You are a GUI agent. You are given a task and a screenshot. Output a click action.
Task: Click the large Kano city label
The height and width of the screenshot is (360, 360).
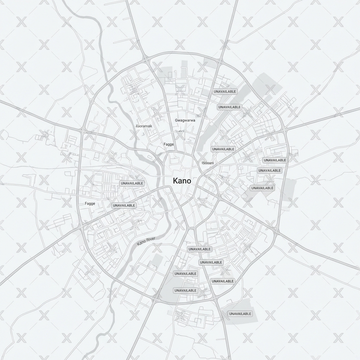pos(182,181)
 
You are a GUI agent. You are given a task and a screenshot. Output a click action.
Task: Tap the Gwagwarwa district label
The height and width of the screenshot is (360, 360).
pos(185,120)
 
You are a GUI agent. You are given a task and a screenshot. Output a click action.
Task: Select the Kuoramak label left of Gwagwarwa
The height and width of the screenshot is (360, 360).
pos(144,126)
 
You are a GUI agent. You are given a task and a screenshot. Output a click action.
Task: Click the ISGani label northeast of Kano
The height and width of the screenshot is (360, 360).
pos(207,163)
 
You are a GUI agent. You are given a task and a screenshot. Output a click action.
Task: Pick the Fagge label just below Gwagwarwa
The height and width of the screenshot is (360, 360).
pos(169,144)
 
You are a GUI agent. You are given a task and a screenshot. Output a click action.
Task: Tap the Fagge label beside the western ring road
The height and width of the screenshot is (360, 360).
pos(90,204)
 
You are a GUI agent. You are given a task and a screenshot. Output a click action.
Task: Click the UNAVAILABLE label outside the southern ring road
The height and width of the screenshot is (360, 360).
pos(240,314)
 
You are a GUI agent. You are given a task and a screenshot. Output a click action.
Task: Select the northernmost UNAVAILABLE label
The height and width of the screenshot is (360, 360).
pos(225,91)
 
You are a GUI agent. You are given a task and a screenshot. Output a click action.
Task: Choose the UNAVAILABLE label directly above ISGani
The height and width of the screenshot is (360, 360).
pos(223,149)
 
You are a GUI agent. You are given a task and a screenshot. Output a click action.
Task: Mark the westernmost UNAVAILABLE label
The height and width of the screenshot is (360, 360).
pos(124,205)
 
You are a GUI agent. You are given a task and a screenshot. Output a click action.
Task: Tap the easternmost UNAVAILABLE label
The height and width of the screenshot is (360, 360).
pos(275,160)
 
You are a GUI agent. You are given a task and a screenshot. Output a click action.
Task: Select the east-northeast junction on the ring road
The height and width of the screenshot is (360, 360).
pos(284,130)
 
